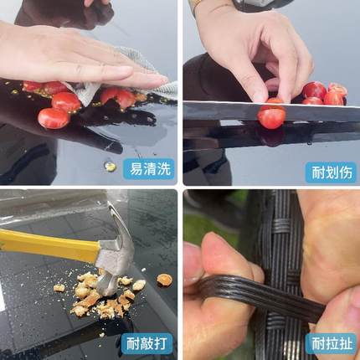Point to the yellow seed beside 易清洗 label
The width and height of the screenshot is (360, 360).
pos(110,166)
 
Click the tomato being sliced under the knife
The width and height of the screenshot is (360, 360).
pos(271,116)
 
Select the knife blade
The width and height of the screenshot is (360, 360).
pos(251,110)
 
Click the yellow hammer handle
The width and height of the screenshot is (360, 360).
pos(42,244)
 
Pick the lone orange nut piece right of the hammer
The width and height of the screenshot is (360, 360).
pos(164,279)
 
